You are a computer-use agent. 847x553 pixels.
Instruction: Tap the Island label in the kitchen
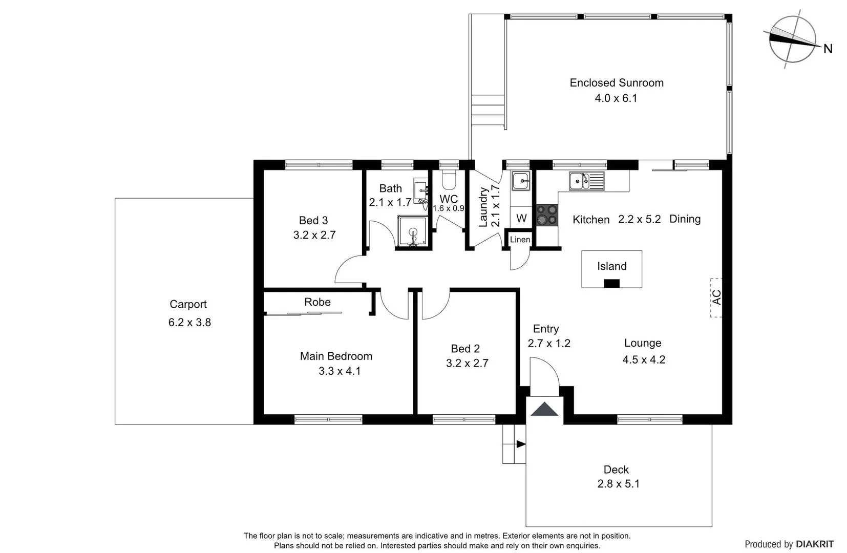coord(611,266)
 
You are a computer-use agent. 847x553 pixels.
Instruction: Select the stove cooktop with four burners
coord(547,215)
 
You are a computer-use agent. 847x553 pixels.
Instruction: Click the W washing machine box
coord(521,218)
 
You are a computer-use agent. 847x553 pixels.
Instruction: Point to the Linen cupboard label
coord(520,240)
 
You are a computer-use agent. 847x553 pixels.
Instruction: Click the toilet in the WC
coord(449,180)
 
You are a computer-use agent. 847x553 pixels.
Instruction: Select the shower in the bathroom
coord(412,232)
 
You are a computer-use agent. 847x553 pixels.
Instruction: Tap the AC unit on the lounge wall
coord(716,297)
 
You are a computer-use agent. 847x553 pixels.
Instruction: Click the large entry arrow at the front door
coord(544,410)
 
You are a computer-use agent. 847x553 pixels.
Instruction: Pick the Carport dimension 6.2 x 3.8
coord(189,323)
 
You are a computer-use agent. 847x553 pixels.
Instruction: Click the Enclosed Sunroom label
coord(616,83)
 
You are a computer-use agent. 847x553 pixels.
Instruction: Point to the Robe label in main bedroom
coord(317,302)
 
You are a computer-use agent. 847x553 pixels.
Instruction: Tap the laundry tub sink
coord(521,180)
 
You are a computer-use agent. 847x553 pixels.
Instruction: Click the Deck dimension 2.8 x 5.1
coord(618,484)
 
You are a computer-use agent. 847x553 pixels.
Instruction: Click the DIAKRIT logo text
coord(815,544)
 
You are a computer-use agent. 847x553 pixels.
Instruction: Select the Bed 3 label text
coord(313,221)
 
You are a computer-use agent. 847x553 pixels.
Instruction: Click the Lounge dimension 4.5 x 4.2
coord(644,360)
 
